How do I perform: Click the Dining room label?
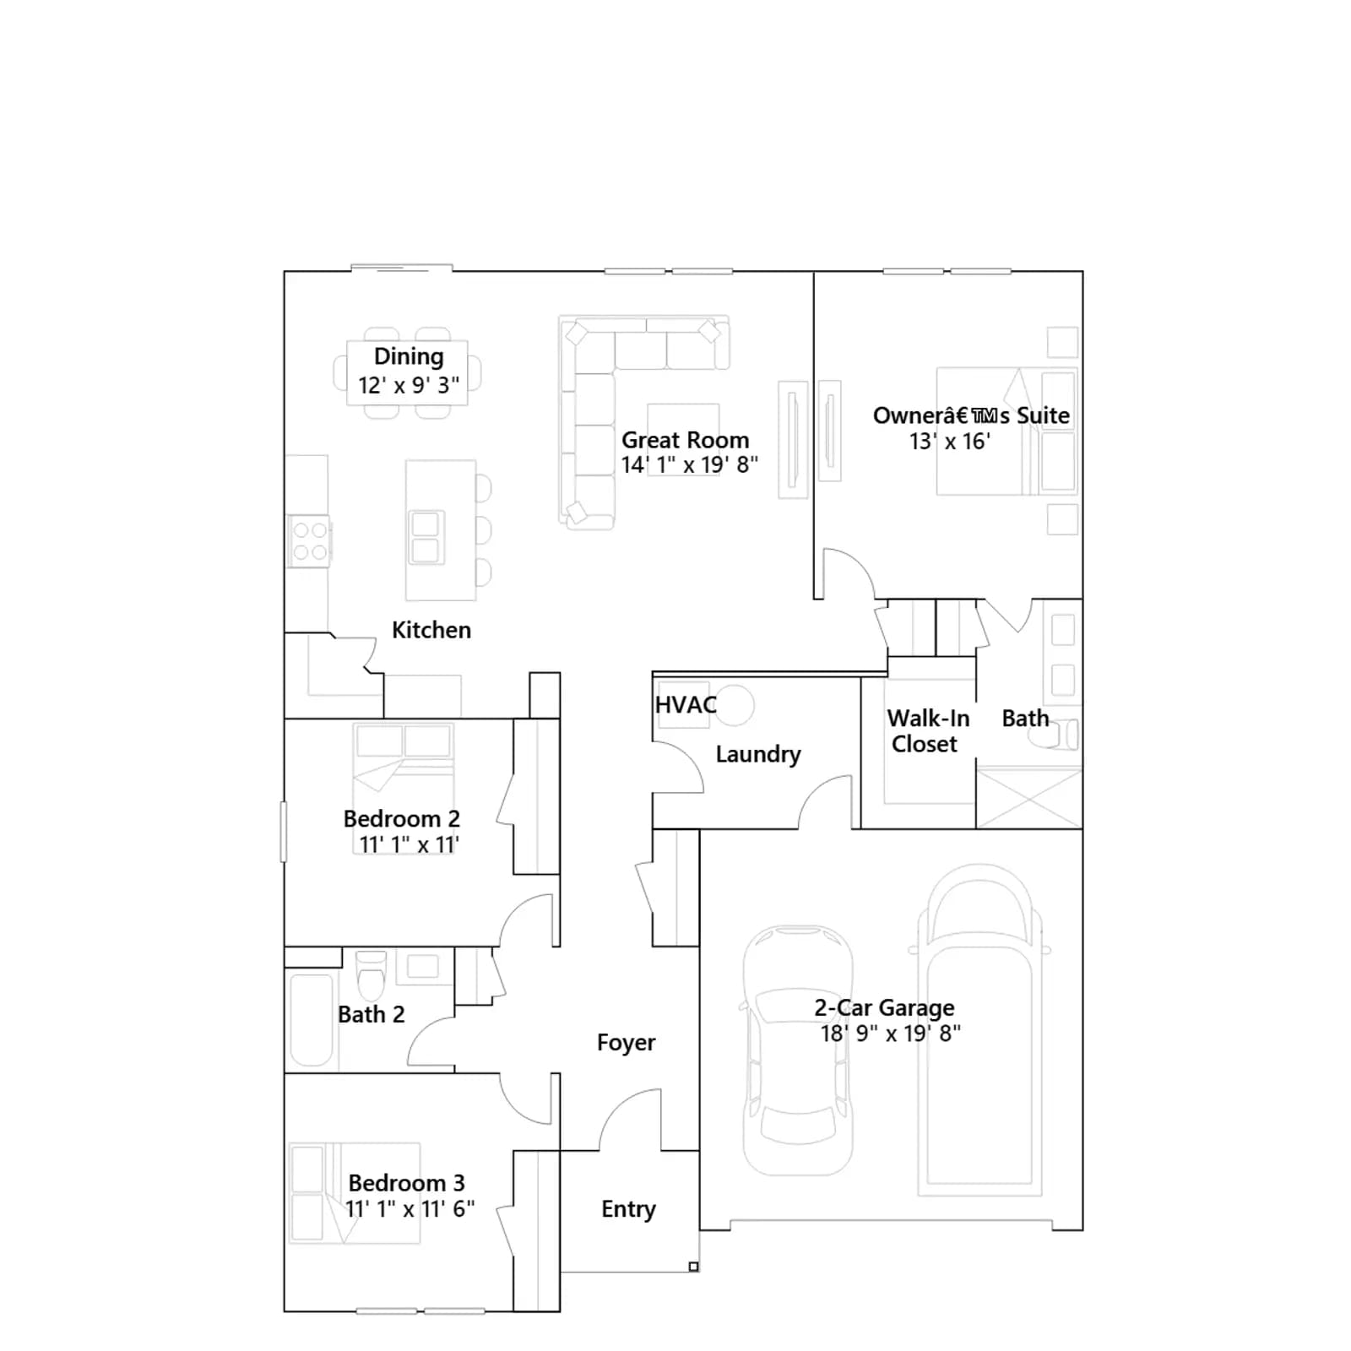tap(409, 357)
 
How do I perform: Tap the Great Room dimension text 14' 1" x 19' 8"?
tap(690, 465)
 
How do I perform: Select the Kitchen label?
tap(431, 630)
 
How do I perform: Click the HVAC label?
tap(686, 704)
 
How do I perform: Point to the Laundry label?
tap(758, 754)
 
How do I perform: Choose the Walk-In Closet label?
tap(928, 731)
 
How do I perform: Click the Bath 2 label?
tap(372, 1014)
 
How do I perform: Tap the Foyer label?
tap(627, 1043)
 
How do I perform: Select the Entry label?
tap(628, 1209)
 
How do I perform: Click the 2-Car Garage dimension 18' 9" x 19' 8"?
tap(891, 1034)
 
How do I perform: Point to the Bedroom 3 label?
tap(407, 1183)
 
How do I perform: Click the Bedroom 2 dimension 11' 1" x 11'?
tap(410, 844)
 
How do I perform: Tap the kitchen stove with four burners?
tap(310, 541)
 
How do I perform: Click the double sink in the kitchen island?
tap(426, 537)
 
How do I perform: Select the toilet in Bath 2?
tap(372, 976)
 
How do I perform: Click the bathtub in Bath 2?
tap(311, 1021)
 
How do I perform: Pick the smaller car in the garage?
tap(798, 1050)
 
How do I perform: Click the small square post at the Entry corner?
tap(693, 1267)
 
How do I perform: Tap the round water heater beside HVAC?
tap(735, 705)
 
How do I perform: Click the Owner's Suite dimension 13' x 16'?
tap(950, 442)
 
